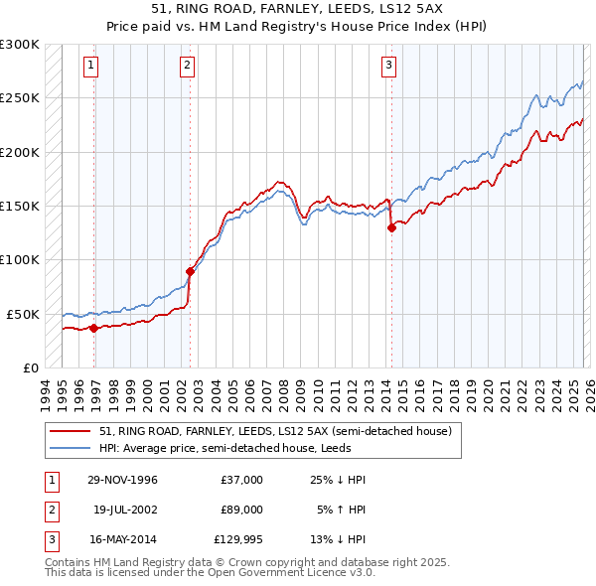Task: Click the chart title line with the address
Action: [298, 9]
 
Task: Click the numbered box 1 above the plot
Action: [90, 67]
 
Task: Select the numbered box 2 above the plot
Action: [187, 67]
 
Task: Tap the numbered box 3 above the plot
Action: [387, 67]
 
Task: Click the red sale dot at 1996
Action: [94, 328]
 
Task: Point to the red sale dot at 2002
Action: [190, 271]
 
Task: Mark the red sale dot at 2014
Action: [391, 227]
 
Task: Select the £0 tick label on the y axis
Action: [30, 367]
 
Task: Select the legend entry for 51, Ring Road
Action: [275, 431]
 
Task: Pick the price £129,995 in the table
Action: [237, 539]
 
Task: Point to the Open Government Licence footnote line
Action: [210, 573]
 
